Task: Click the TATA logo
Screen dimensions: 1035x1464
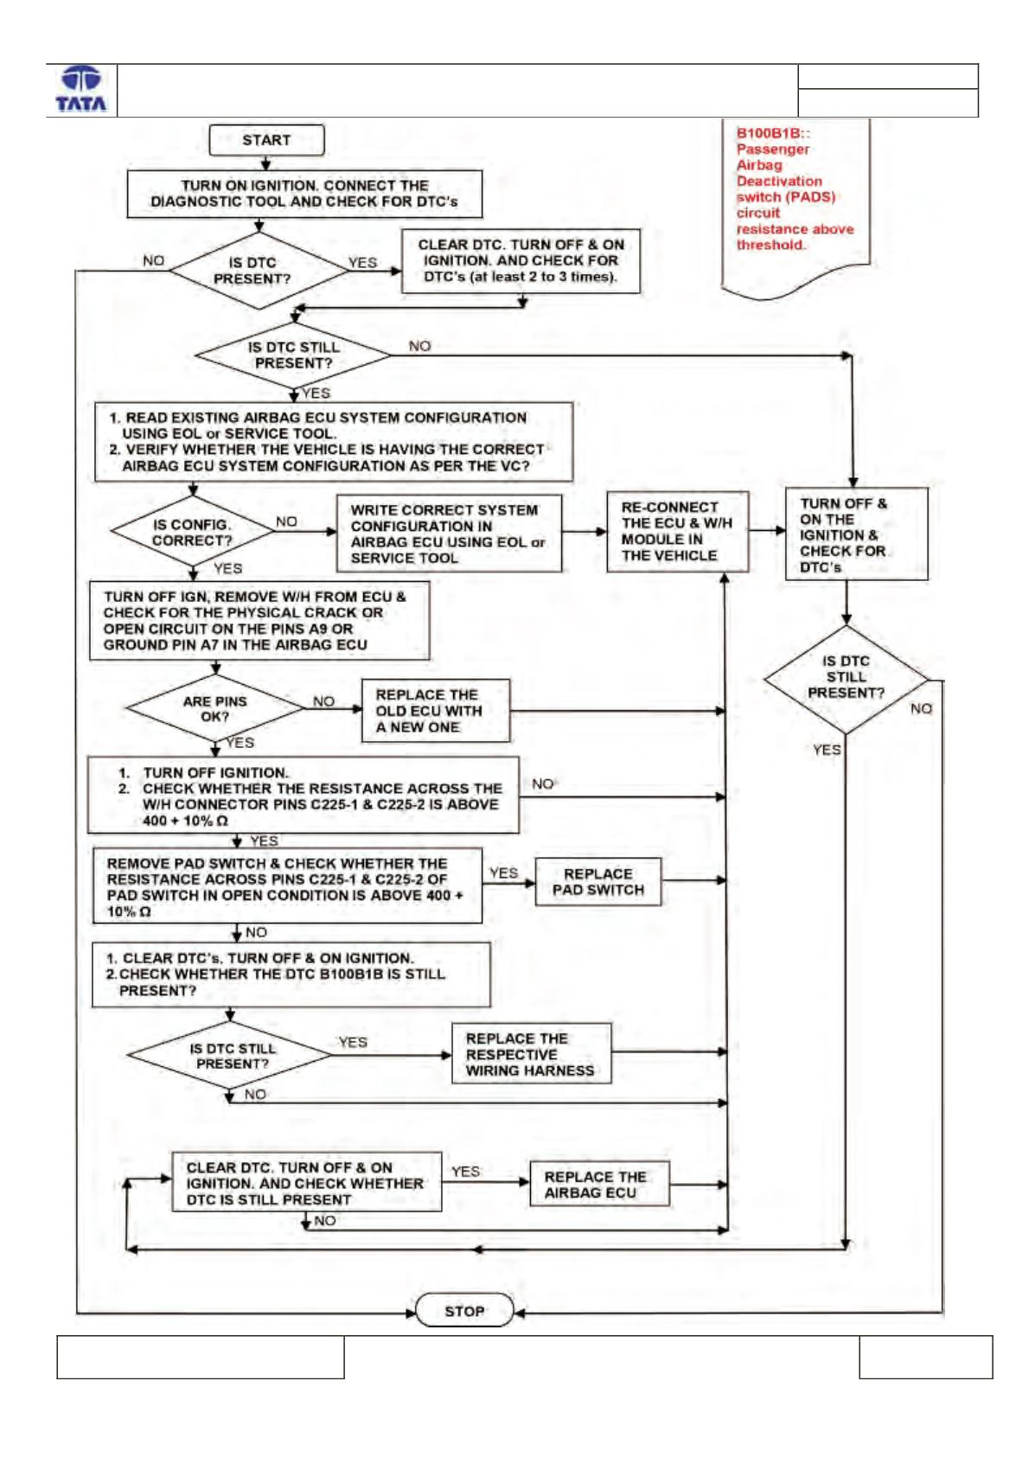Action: (x=81, y=90)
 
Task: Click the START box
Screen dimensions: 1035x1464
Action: (x=266, y=140)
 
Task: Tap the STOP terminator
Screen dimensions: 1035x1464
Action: (x=464, y=1311)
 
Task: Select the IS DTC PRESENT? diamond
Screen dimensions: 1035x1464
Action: (x=259, y=270)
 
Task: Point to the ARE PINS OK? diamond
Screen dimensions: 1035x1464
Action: (x=215, y=708)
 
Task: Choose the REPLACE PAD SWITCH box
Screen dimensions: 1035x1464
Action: (x=597, y=882)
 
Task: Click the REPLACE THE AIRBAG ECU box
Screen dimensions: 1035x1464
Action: (x=599, y=1185)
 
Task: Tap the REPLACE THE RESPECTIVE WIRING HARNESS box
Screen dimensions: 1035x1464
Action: (x=531, y=1054)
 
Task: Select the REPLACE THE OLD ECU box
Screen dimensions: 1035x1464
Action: (x=436, y=711)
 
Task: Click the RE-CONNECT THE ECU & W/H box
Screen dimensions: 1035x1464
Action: (x=678, y=531)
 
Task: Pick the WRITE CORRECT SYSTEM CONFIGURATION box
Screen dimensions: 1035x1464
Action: (x=449, y=534)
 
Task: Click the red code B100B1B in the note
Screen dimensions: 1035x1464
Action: (x=769, y=132)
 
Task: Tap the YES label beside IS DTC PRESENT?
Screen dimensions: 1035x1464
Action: (x=362, y=263)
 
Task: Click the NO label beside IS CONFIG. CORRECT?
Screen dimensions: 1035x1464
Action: (x=286, y=521)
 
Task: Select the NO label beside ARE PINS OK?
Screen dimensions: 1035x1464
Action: (x=323, y=701)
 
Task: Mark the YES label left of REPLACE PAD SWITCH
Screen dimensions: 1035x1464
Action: (x=503, y=873)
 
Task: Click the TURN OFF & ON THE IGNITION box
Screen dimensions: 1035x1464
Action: (x=857, y=534)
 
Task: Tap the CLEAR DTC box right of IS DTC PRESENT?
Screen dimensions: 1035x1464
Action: (x=521, y=261)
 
